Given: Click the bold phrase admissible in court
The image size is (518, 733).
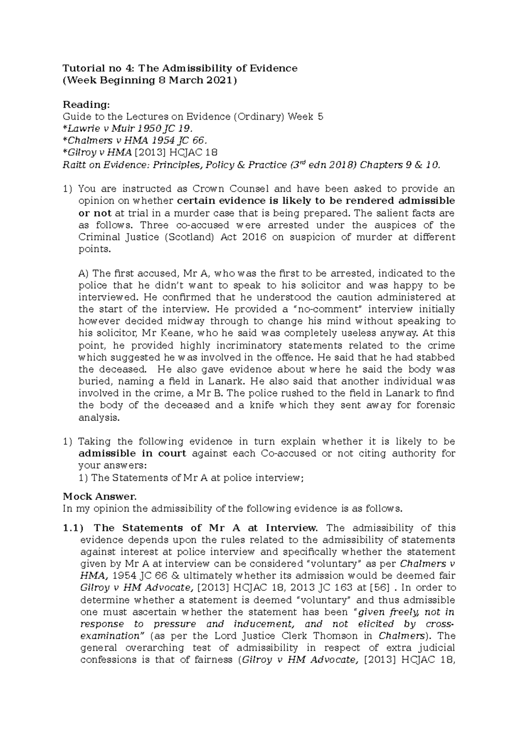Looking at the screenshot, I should click(x=132, y=454).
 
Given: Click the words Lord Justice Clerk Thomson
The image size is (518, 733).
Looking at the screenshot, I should click(x=300, y=636).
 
